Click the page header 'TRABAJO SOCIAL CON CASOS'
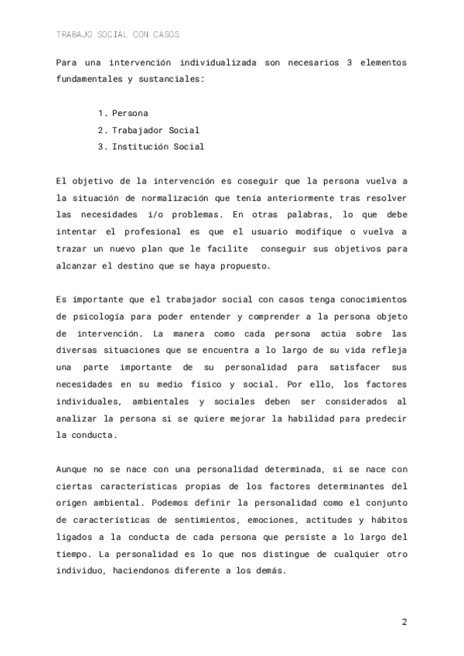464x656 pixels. tap(118, 35)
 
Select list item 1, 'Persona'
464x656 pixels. tap(129, 113)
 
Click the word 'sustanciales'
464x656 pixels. tap(168, 79)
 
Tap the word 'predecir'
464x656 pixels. tap(384, 418)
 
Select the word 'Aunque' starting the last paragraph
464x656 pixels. tap(73, 469)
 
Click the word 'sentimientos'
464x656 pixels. tap(218, 520)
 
